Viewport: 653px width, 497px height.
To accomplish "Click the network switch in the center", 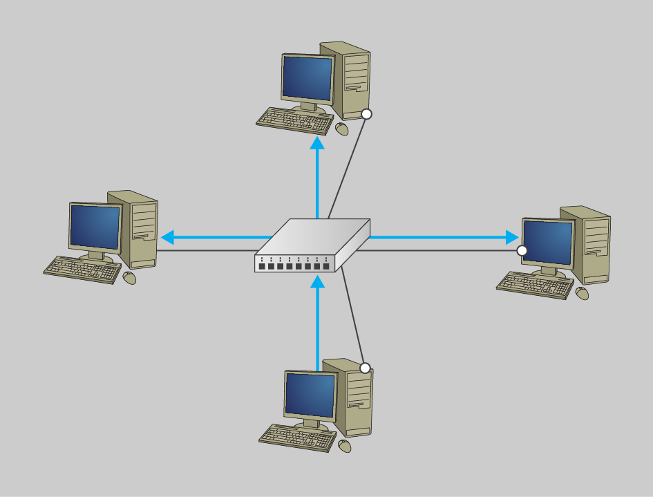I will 312,245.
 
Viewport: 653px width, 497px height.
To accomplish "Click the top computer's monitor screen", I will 307,78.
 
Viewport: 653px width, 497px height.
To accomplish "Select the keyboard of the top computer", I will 294,120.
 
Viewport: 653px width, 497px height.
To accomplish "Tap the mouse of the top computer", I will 342,129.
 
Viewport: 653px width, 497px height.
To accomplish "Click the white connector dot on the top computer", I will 367,114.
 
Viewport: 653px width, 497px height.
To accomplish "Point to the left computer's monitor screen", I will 95,227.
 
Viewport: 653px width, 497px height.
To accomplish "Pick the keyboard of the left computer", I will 82,269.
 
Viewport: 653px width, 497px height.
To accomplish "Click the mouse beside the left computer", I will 129,278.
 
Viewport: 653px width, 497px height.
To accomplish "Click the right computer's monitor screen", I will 548,242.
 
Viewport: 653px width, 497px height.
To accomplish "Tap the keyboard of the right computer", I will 535,284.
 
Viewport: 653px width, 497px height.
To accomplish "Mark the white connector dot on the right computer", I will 522,250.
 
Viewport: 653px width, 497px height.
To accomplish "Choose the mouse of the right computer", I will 583,293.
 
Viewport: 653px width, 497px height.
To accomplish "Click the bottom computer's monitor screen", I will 310,395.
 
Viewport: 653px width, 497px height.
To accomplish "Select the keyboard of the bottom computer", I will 297,438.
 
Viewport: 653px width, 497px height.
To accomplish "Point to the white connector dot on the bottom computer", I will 366,368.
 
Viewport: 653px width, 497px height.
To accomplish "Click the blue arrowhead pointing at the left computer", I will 167,238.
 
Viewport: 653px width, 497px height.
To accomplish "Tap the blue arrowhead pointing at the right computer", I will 511,238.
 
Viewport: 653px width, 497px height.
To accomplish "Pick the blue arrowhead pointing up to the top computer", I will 317,143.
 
